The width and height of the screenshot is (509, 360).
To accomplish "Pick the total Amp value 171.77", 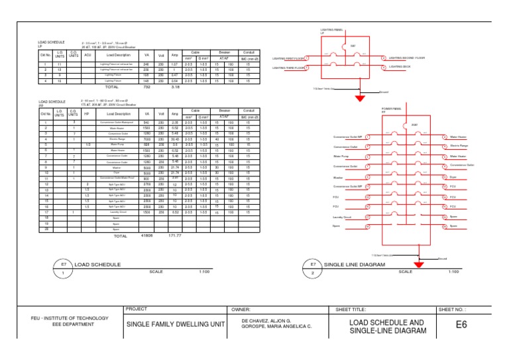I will pyautogui.click(x=176, y=235).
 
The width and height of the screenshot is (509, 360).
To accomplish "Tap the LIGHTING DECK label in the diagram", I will pyautogui.click(x=400, y=67).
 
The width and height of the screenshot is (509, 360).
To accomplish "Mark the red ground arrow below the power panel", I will pyautogui.click(x=418, y=265).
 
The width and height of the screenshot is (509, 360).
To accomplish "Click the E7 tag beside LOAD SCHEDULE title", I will pyautogui.click(x=63, y=264).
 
